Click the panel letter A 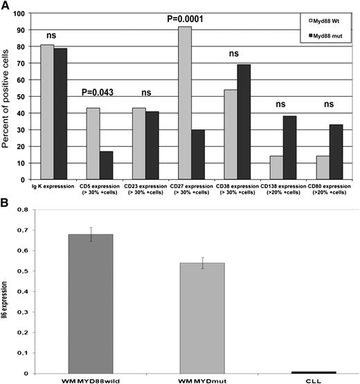(6, 6)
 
